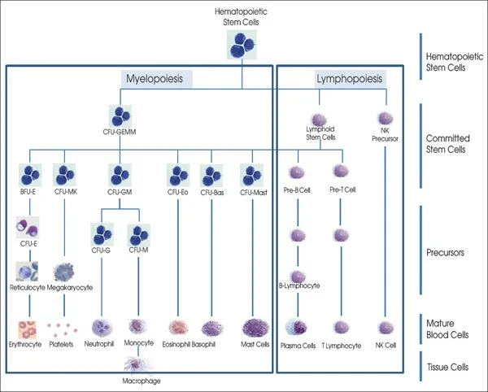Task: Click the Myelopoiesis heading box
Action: click(x=159, y=79)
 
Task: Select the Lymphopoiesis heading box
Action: click(x=350, y=79)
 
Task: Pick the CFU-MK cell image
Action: click(x=65, y=173)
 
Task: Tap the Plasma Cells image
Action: click(x=298, y=328)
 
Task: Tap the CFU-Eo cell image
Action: click(x=178, y=173)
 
